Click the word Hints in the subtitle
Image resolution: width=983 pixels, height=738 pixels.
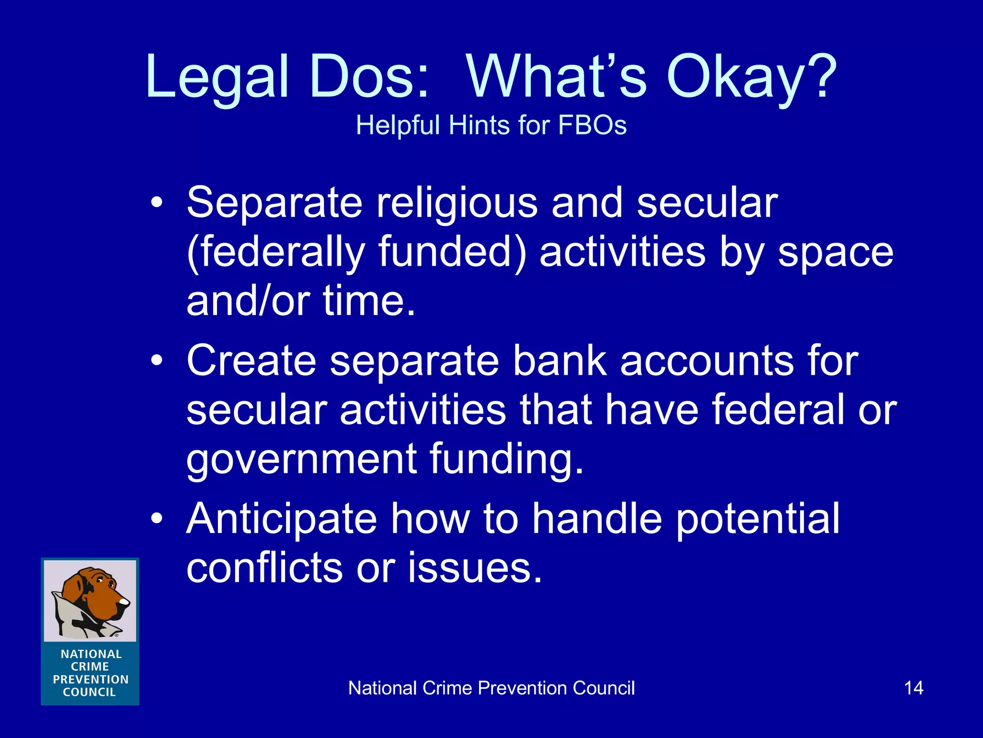coord(480,125)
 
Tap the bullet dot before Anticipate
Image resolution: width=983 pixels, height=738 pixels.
coord(156,518)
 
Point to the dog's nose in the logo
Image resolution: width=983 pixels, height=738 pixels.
coord(124,601)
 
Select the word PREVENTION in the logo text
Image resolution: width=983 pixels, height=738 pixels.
coord(90,679)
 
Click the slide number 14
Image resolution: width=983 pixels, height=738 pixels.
coord(913,688)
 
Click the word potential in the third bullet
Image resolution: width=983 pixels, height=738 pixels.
coord(758,518)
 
